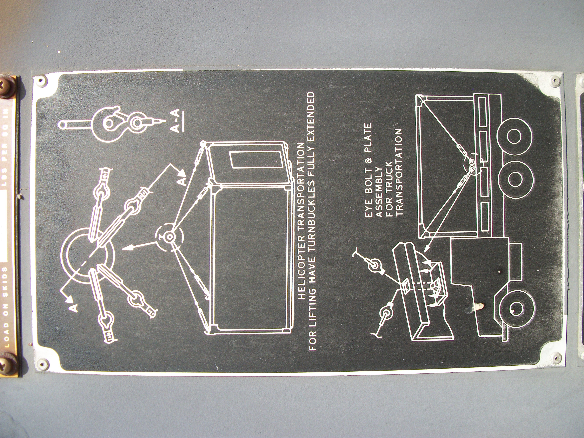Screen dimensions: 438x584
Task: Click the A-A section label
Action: click(176, 120)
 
